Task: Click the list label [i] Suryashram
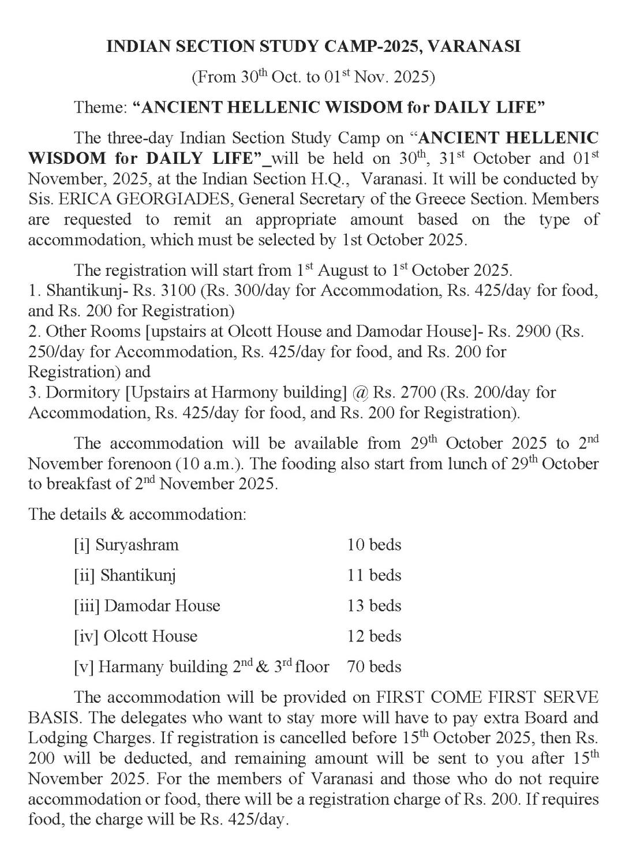tap(126, 545)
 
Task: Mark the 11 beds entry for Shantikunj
tap(374, 575)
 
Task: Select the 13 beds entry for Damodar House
tap(374, 606)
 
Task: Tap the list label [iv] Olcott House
tap(136, 636)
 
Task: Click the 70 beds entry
tap(374, 667)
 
